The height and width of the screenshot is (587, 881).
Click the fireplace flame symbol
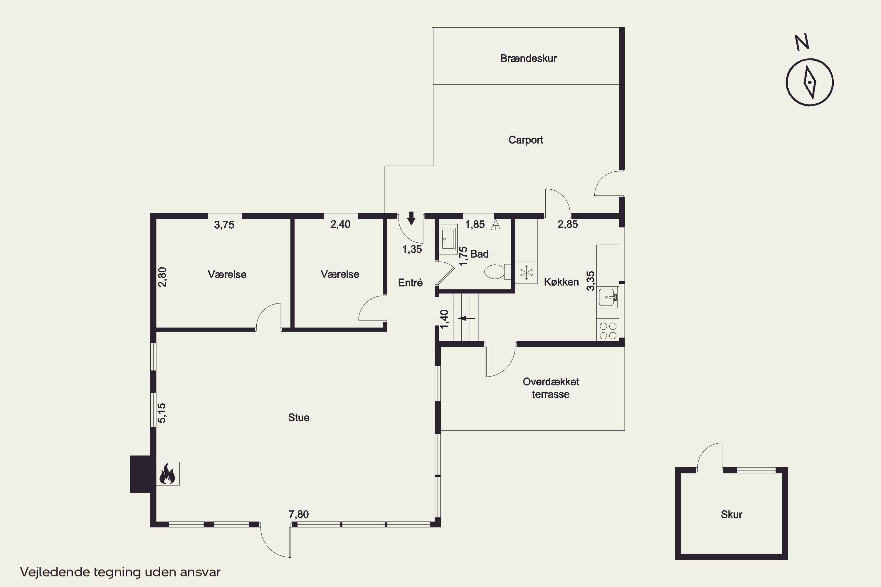coord(167,474)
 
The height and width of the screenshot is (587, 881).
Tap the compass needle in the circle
coord(810,82)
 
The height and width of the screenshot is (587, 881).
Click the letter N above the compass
coord(802,42)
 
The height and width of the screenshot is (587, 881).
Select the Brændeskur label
coord(528,58)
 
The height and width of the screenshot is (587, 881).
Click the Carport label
coord(526,140)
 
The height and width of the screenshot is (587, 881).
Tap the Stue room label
coord(299,417)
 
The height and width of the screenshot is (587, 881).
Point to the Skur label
coord(731,515)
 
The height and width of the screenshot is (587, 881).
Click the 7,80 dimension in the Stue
coord(299,515)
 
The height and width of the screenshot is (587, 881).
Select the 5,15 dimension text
coord(162,413)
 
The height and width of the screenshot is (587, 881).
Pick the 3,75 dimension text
coord(224,225)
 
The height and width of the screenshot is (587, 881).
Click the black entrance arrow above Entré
coord(411,218)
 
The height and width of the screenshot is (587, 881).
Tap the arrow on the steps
coord(466,318)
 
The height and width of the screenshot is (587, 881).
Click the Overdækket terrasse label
coord(551,388)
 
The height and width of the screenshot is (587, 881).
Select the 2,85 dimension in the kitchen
coord(567,224)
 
